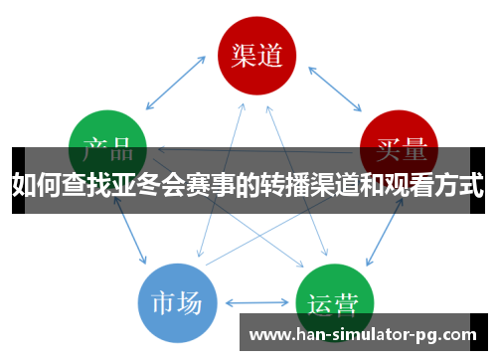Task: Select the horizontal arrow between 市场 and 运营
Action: coord(256,302)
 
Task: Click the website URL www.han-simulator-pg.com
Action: coord(362,334)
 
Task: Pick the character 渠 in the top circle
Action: coord(242,54)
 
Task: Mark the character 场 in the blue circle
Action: coord(191,301)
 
